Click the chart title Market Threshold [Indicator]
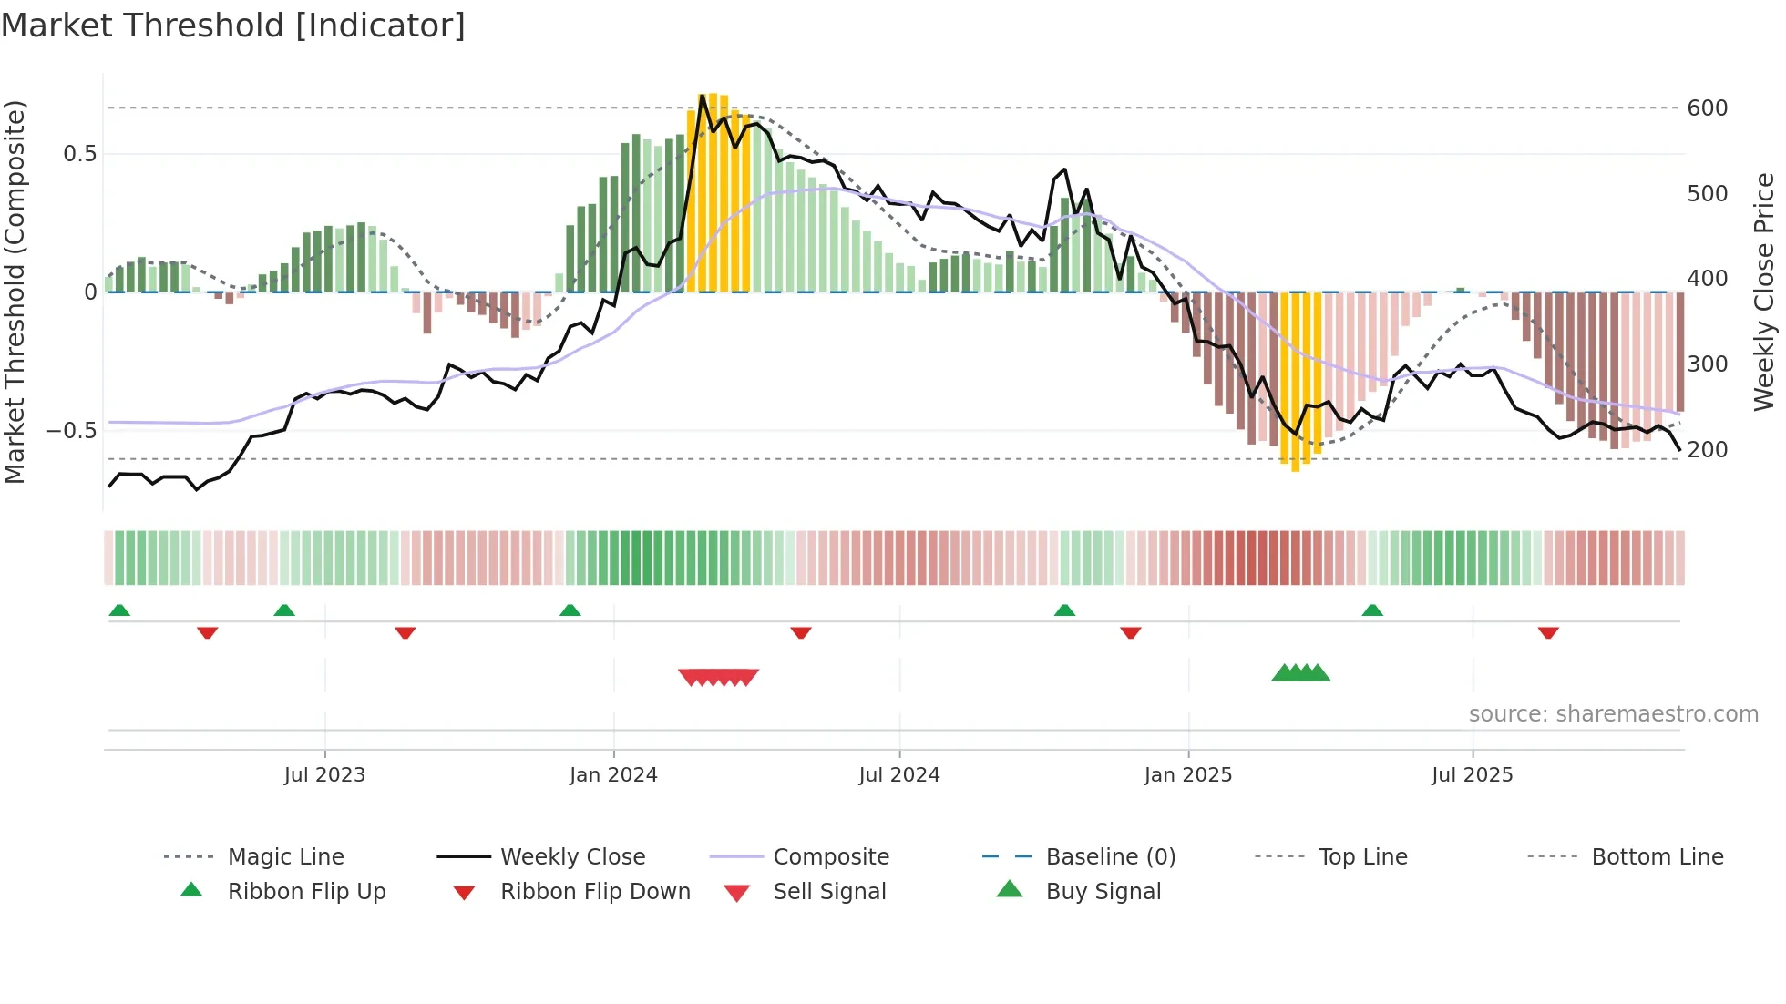(x=233, y=26)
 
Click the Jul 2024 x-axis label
(x=898, y=775)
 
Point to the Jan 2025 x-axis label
(x=1187, y=775)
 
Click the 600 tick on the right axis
(x=1707, y=108)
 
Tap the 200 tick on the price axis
(x=1707, y=450)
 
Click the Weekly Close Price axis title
(x=1764, y=292)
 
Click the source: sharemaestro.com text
(x=1613, y=714)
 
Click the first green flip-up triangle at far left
(x=119, y=610)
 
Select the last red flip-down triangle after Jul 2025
(x=1547, y=632)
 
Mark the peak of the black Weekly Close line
(x=703, y=96)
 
